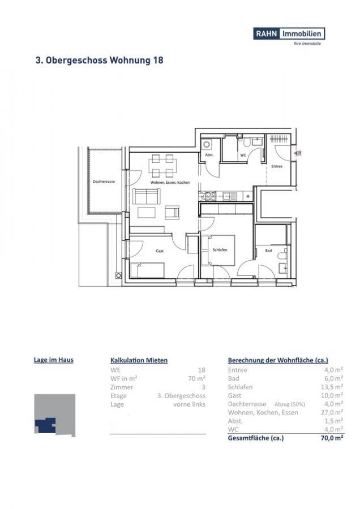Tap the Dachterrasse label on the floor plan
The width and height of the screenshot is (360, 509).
(104, 182)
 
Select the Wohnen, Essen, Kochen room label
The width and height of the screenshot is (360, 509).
(170, 183)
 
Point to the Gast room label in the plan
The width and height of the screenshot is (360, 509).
(160, 249)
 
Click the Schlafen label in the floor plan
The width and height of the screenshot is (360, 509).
(220, 249)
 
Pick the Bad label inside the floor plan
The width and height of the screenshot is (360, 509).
(268, 249)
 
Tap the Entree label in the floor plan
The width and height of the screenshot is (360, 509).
(277, 166)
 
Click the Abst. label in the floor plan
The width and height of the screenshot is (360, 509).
(208, 154)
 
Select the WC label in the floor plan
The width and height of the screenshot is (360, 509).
(243, 154)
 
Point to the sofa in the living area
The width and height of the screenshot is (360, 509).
(147, 197)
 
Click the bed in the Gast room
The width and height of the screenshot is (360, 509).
(147, 270)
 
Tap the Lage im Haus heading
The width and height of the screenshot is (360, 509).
(54, 359)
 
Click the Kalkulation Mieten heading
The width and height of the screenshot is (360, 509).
(139, 360)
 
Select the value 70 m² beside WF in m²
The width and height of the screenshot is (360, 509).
(196, 378)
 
